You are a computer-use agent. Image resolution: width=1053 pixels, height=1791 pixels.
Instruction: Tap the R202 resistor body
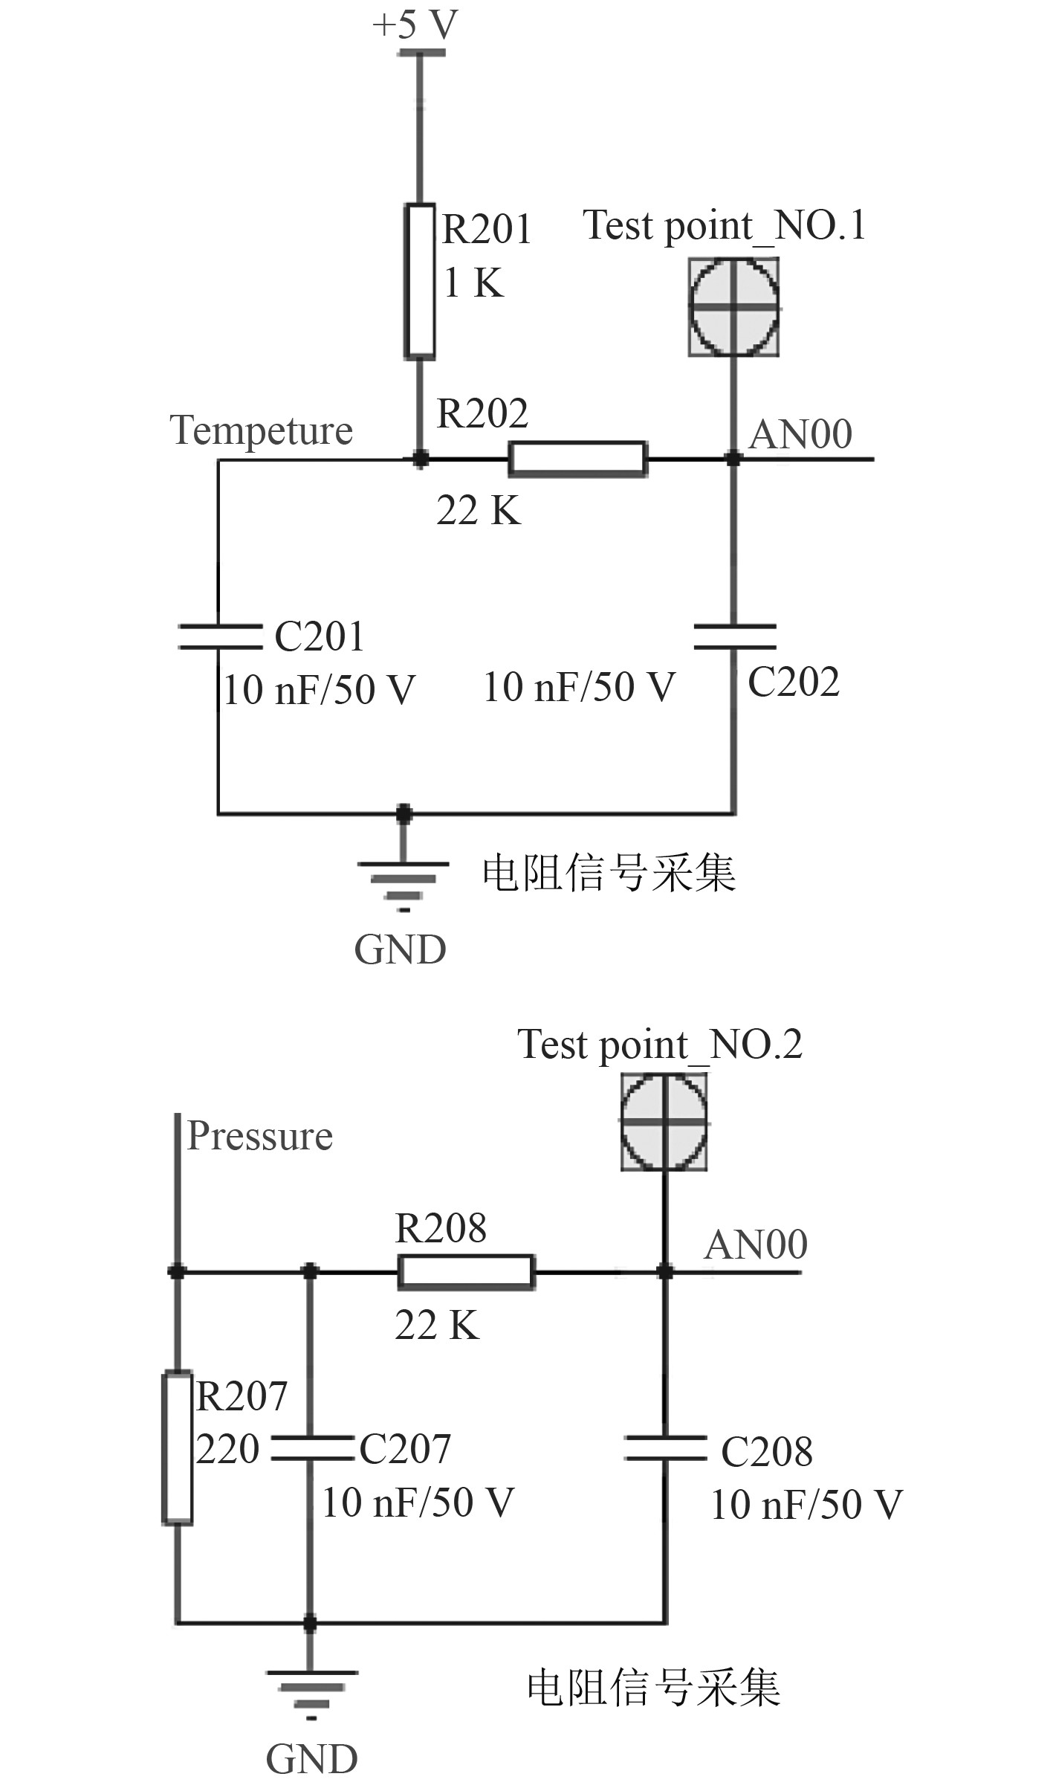tap(577, 459)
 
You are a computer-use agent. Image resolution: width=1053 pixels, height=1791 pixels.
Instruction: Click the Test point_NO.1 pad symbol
tap(733, 306)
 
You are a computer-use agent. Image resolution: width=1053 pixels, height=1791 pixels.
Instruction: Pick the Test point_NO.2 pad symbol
tap(664, 1122)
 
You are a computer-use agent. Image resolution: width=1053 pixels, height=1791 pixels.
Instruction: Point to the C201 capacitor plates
tap(219, 637)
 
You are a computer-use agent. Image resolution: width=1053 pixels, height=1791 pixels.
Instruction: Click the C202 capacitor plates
tap(734, 637)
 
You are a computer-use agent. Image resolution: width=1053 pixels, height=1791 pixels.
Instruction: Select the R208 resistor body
tap(466, 1271)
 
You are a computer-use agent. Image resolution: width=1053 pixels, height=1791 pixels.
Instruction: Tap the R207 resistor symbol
tap(178, 1448)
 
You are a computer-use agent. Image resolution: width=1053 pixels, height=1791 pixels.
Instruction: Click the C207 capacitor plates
tap(311, 1448)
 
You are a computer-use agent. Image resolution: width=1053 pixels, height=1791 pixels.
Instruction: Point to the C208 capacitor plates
tap(665, 1448)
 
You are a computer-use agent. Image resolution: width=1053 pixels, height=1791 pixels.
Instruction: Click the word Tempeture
tap(261, 430)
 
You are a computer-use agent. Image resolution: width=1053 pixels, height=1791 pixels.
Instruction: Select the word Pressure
tap(259, 1136)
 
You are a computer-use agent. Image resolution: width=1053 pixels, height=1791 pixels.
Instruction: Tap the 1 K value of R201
tap(473, 283)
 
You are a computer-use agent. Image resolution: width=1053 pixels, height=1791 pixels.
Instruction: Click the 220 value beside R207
tap(227, 1448)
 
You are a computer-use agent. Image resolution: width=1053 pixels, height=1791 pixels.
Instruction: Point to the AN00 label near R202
tap(800, 434)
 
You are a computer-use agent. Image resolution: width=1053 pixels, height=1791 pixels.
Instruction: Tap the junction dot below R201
tap(421, 459)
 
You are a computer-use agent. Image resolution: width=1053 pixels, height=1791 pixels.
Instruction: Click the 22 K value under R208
tap(437, 1325)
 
